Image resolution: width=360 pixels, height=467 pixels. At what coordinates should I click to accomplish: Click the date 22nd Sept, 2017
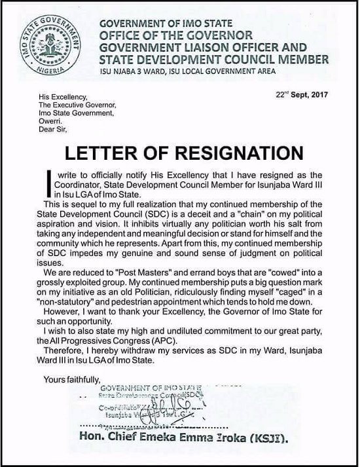pos(302,94)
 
